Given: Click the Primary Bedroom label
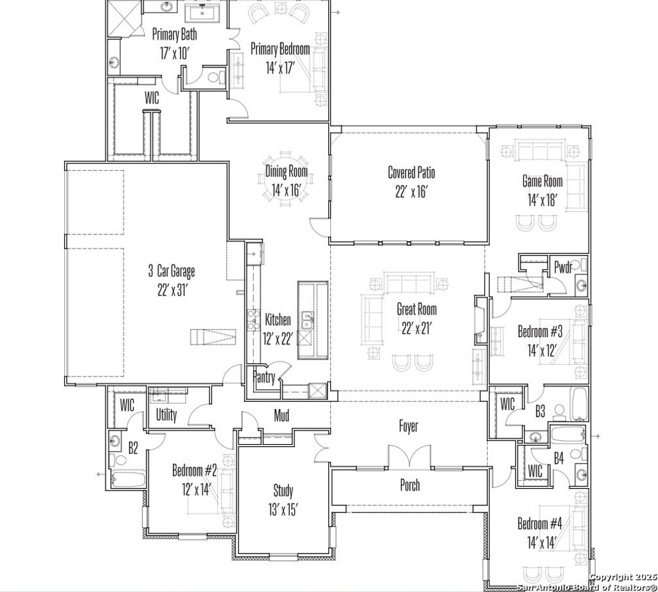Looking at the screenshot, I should click(280, 49).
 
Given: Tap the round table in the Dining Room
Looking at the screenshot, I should click(287, 180).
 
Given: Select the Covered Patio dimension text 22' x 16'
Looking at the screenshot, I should click(411, 191).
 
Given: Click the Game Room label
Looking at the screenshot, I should click(542, 181).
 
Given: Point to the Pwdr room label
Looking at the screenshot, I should click(563, 268).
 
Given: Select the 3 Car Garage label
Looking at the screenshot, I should click(171, 271).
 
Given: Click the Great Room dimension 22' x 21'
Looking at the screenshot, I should click(416, 327).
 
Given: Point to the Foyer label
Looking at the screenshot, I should click(408, 426).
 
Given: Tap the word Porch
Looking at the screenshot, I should click(410, 485).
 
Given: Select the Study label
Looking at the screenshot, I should click(283, 491).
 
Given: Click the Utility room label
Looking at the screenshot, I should click(166, 415).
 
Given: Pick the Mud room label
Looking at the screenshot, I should click(281, 415).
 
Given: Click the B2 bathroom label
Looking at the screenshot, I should click(133, 448).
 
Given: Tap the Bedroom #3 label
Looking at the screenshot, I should click(540, 332).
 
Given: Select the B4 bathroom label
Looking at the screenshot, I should click(559, 458).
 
